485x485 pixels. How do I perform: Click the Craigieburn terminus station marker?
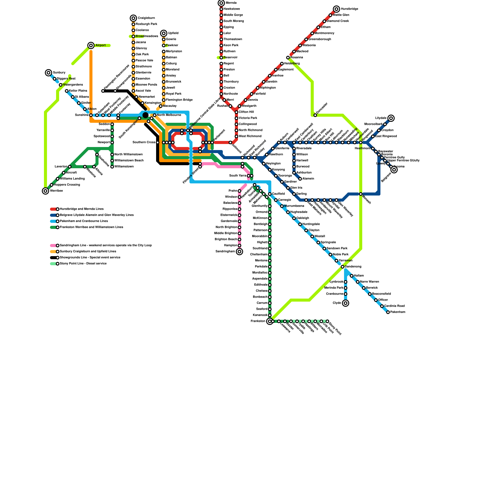point(133,18)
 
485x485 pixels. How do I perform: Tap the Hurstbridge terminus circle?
point(336,9)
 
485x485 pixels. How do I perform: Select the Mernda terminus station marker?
point(221,3)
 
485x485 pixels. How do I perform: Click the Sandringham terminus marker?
point(239,252)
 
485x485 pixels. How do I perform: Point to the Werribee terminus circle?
point(45,191)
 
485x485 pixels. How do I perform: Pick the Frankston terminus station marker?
point(270,321)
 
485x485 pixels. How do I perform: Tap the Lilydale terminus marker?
point(391,118)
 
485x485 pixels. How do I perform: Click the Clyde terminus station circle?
point(346,303)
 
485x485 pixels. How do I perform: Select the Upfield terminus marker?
point(164,33)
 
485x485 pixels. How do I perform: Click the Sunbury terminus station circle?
point(48,73)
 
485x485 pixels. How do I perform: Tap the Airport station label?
point(100,45)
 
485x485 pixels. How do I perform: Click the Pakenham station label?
point(398,312)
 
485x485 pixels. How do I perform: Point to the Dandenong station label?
point(353,267)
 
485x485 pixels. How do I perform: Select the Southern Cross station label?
point(144,142)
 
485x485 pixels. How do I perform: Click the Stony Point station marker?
point(327,321)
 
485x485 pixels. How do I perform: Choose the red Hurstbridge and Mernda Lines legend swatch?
point(53,209)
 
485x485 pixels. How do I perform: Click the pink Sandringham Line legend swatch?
point(53,246)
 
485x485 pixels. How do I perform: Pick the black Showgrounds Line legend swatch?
point(53,258)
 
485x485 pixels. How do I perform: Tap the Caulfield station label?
point(279,194)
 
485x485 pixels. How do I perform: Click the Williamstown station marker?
point(112,167)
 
